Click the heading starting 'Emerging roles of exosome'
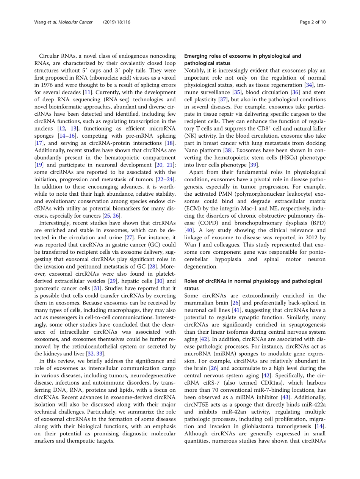click(x=243, y=56)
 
